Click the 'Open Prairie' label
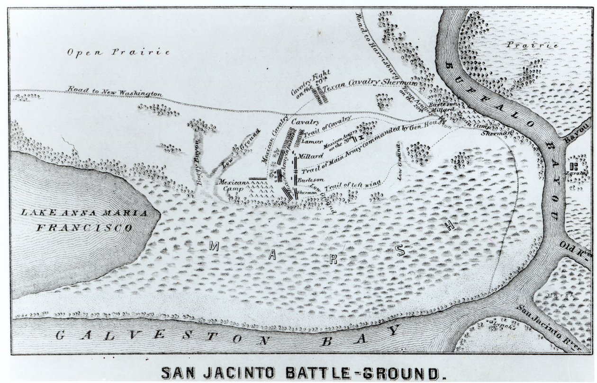click(118, 52)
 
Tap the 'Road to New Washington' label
click(115, 91)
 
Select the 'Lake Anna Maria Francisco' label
click(84, 220)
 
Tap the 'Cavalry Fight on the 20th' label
click(310, 84)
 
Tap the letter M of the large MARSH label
click(214, 246)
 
